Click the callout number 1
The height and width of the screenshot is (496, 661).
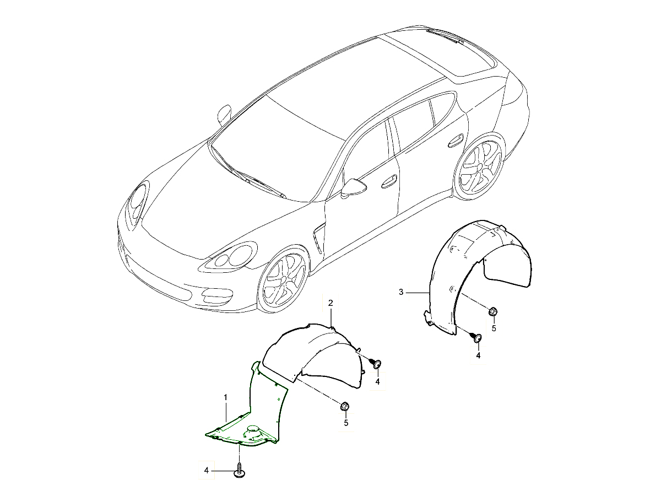pyautogui.click(x=225, y=397)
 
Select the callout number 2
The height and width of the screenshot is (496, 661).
pyautogui.click(x=330, y=303)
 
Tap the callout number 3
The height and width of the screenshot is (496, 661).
pyautogui.click(x=402, y=291)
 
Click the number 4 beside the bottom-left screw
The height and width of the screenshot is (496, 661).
pyautogui.click(x=207, y=470)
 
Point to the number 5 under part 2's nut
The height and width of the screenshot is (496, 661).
pyautogui.click(x=346, y=423)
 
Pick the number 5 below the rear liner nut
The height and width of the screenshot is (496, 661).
pyautogui.click(x=494, y=328)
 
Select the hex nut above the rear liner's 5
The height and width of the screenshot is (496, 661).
pyautogui.click(x=493, y=312)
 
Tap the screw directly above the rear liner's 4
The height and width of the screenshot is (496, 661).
pyautogui.click(x=477, y=337)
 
